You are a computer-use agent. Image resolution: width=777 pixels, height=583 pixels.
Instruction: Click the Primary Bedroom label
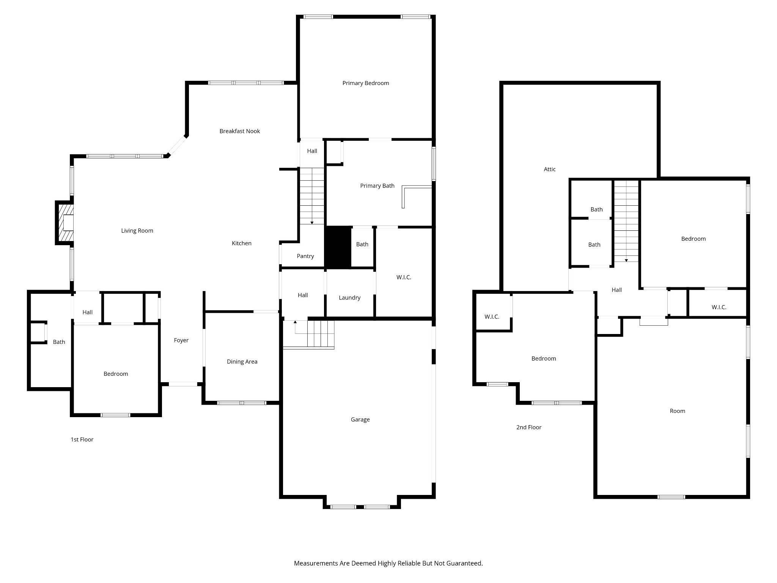[365, 83]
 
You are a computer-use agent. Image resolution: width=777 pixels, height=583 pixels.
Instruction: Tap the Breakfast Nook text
[239, 131]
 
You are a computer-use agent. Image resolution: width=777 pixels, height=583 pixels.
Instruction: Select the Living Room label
[137, 231]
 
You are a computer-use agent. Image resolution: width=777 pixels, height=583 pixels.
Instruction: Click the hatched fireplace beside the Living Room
[65, 223]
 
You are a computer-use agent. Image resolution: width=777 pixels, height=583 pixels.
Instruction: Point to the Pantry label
[305, 256]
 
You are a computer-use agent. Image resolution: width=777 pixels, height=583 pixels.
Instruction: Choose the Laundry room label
[349, 298]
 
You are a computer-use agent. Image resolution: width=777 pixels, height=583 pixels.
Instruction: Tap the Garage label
[360, 419]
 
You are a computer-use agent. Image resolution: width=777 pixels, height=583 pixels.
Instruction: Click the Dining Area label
[242, 362]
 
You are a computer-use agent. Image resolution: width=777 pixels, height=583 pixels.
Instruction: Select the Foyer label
[181, 340]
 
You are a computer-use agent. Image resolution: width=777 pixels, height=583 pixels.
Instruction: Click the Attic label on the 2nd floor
[549, 169]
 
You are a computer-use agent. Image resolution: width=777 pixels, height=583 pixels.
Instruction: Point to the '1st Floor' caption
[82, 440]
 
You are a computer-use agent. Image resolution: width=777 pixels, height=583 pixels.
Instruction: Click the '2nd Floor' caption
[528, 427]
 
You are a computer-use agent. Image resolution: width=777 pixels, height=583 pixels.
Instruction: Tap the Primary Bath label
[377, 186]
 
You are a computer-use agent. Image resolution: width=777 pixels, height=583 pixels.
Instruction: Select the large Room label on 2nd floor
[677, 411]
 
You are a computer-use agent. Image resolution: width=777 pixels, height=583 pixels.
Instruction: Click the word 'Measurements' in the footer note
[316, 563]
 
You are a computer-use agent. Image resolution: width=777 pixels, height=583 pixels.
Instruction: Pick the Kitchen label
[242, 243]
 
